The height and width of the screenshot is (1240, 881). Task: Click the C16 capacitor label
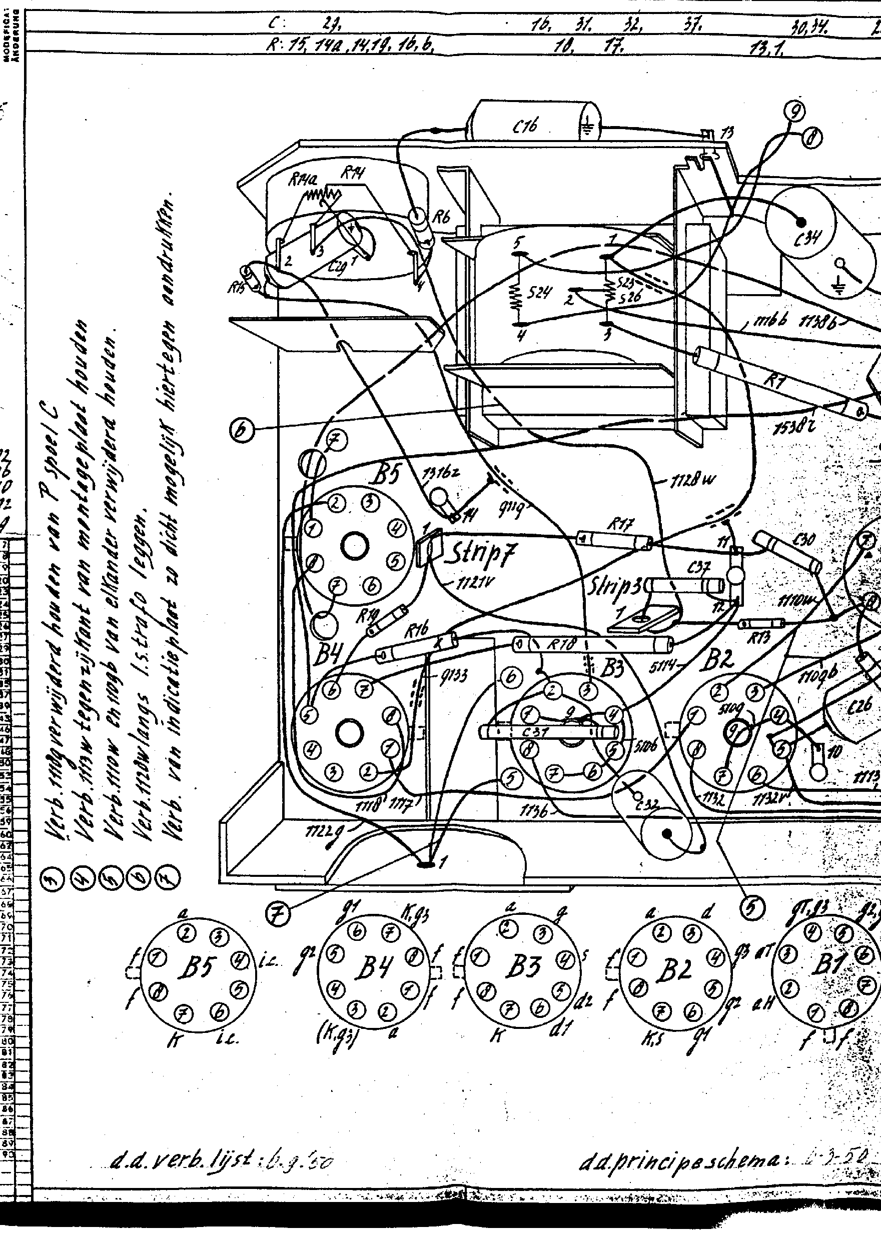(525, 127)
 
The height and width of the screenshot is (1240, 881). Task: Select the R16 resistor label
(416, 631)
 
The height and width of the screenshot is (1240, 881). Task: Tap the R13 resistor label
(758, 640)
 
